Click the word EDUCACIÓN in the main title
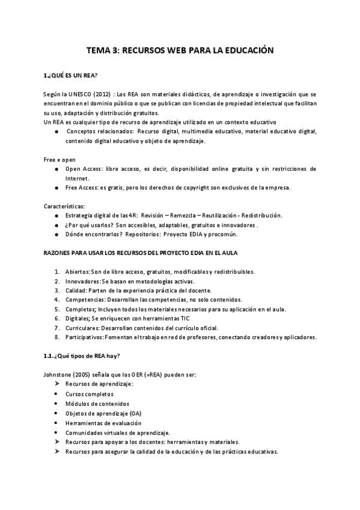(x=246, y=52)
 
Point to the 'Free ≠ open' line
(x=58, y=160)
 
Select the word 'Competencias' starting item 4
(x=85, y=300)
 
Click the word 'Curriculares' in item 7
(x=83, y=328)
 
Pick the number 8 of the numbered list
(x=56, y=337)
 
